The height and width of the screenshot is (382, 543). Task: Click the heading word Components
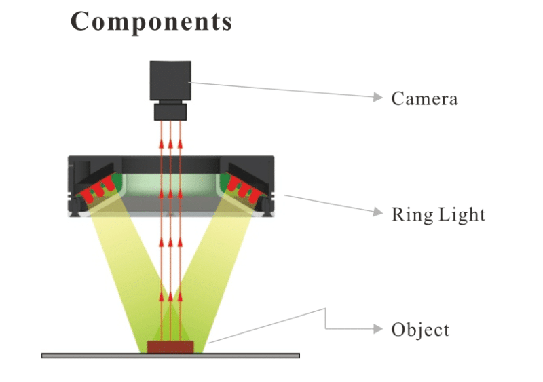point(151,22)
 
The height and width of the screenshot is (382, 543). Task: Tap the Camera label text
point(424,98)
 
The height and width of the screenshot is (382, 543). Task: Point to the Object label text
point(420,330)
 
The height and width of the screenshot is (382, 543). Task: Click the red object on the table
point(171,347)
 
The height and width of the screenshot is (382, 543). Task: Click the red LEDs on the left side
point(96,191)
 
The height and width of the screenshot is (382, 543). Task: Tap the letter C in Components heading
point(81,22)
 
